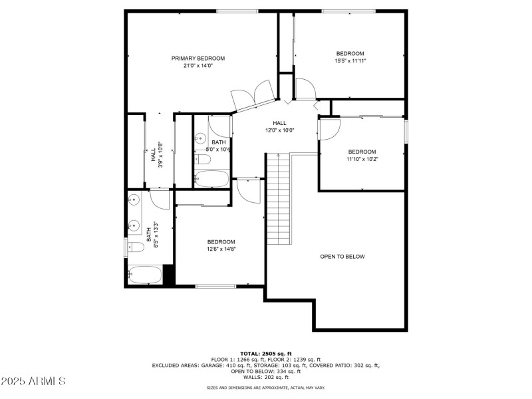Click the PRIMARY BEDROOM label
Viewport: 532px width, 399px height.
pyautogui.click(x=198, y=59)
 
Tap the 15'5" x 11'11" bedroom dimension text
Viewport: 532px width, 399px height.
pyautogui.click(x=350, y=61)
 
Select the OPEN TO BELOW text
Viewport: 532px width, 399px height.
pyautogui.click(x=342, y=257)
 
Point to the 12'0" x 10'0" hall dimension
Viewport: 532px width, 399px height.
pyautogui.click(x=279, y=130)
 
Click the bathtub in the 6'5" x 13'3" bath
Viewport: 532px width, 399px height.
pyautogui.click(x=144, y=275)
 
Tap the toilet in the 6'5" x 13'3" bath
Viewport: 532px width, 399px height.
pyautogui.click(x=136, y=248)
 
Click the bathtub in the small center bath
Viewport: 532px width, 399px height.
pyautogui.click(x=211, y=179)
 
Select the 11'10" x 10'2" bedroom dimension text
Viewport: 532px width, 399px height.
pyautogui.click(x=362, y=160)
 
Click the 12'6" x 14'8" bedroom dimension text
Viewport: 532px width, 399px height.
pyautogui.click(x=221, y=249)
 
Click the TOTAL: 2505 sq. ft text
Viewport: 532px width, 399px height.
pyautogui.click(x=265, y=353)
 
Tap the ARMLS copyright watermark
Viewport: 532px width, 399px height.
pyautogui.click(x=33, y=382)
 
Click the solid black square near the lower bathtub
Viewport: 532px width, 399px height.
pyautogui.click(x=168, y=275)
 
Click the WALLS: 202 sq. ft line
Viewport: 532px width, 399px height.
pyautogui.click(x=265, y=377)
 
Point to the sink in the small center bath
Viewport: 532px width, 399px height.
pyautogui.click(x=201, y=139)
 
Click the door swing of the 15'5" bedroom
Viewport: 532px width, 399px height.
pyautogui.click(x=305, y=89)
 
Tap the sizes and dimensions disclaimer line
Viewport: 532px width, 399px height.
pyautogui.click(x=265, y=387)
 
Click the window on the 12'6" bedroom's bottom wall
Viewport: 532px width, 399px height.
pyautogui.click(x=216, y=287)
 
